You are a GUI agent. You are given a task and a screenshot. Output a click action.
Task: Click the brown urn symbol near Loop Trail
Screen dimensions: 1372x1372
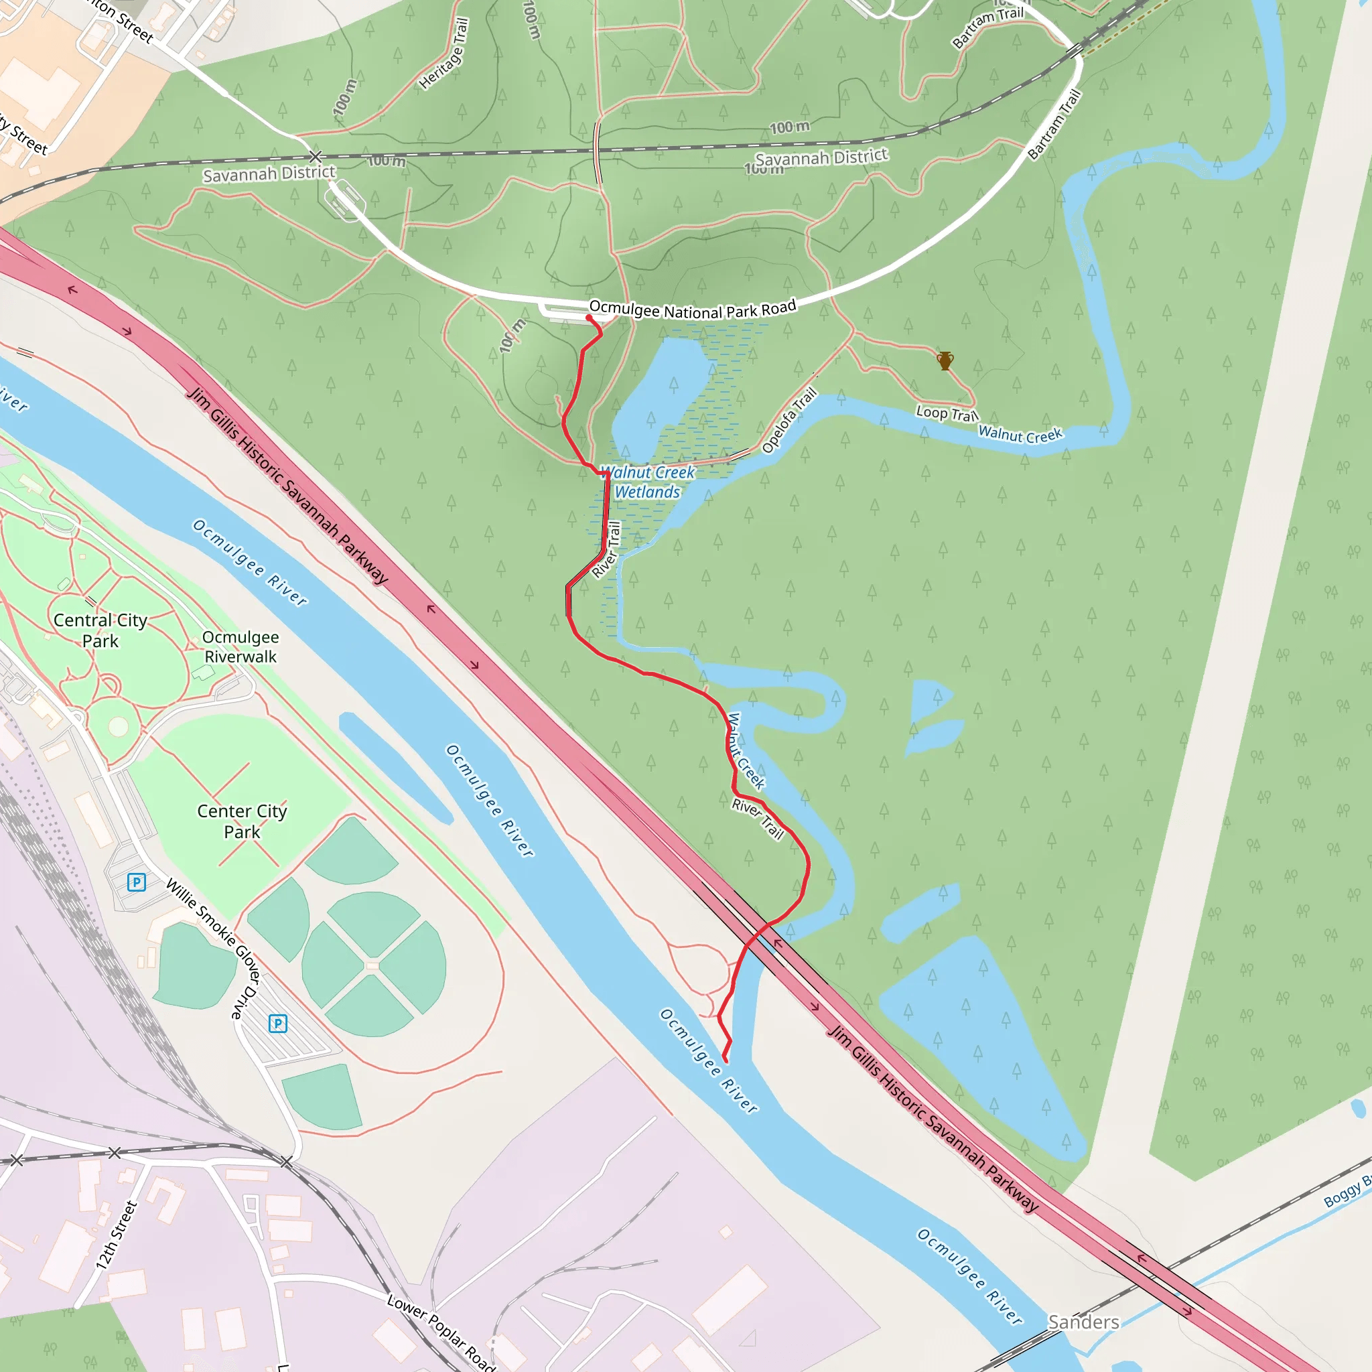(945, 361)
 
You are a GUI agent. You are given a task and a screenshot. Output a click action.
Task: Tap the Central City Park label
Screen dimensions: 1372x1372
(100, 630)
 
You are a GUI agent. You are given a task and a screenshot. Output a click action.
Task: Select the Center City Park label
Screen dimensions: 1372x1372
(241, 821)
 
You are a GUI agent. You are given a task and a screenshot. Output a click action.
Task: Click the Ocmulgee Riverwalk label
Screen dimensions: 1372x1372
(240, 646)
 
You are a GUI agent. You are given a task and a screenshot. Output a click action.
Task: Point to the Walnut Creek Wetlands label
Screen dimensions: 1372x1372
(647, 482)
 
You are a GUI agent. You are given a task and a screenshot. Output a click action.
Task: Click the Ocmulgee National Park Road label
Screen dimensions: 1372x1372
(693, 310)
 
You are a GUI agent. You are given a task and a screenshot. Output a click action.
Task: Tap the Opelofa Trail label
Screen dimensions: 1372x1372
(789, 421)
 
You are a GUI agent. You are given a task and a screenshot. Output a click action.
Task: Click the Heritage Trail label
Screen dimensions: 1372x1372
(444, 55)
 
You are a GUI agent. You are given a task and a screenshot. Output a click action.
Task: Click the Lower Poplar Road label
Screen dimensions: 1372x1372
(441, 1332)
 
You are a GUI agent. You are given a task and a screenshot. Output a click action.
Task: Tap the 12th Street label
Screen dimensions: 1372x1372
(116, 1235)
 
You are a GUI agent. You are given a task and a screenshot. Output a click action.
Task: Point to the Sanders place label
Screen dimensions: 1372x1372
(1084, 1322)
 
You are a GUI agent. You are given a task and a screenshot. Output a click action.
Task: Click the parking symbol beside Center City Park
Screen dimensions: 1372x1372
(137, 882)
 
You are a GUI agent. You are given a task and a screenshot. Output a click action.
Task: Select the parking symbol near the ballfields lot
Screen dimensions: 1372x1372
(277, 1024)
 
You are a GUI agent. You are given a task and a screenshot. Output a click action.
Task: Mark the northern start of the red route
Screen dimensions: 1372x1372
(589, 318)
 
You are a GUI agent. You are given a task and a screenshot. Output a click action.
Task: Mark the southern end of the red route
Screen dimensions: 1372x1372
(725, 1061)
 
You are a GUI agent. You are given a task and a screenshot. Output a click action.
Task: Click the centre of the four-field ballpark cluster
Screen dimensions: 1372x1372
(373, 966)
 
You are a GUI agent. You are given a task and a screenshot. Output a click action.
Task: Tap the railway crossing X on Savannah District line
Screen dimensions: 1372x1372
(316, 156)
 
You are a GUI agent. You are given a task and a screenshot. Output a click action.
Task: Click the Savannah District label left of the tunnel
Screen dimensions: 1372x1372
(269, 174)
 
